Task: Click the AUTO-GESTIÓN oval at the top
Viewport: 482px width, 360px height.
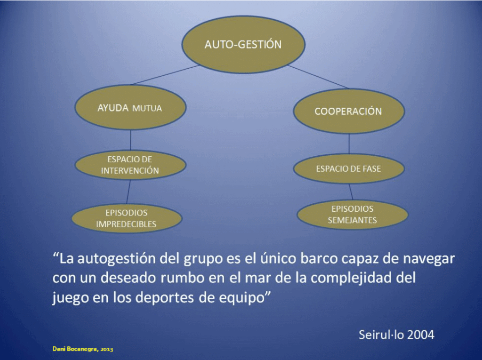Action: [243, 45]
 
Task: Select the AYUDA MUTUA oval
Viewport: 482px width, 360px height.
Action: [130, 107]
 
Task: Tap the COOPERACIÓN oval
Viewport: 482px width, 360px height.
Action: [349, 111]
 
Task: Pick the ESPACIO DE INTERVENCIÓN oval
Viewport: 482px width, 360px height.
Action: [130, 165]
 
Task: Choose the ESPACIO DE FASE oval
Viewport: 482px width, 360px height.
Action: [349, 168]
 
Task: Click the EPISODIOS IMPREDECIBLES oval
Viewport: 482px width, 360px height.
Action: [127, 218]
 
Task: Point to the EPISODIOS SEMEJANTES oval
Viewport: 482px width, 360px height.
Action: [353, 215]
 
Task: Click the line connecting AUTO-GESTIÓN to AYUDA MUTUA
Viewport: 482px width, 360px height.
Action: [165, 75]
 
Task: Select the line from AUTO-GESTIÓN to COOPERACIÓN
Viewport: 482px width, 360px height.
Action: [318, 77]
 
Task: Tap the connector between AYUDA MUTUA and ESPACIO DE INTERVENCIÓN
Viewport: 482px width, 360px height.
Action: [130, 140]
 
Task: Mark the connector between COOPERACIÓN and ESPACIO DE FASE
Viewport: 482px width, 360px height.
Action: [349, 144]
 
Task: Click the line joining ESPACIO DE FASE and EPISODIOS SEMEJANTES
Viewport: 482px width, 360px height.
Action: [351, 192]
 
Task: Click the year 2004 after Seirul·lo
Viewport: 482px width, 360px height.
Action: [418, 335]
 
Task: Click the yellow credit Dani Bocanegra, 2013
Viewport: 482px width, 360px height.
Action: [83, 349]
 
